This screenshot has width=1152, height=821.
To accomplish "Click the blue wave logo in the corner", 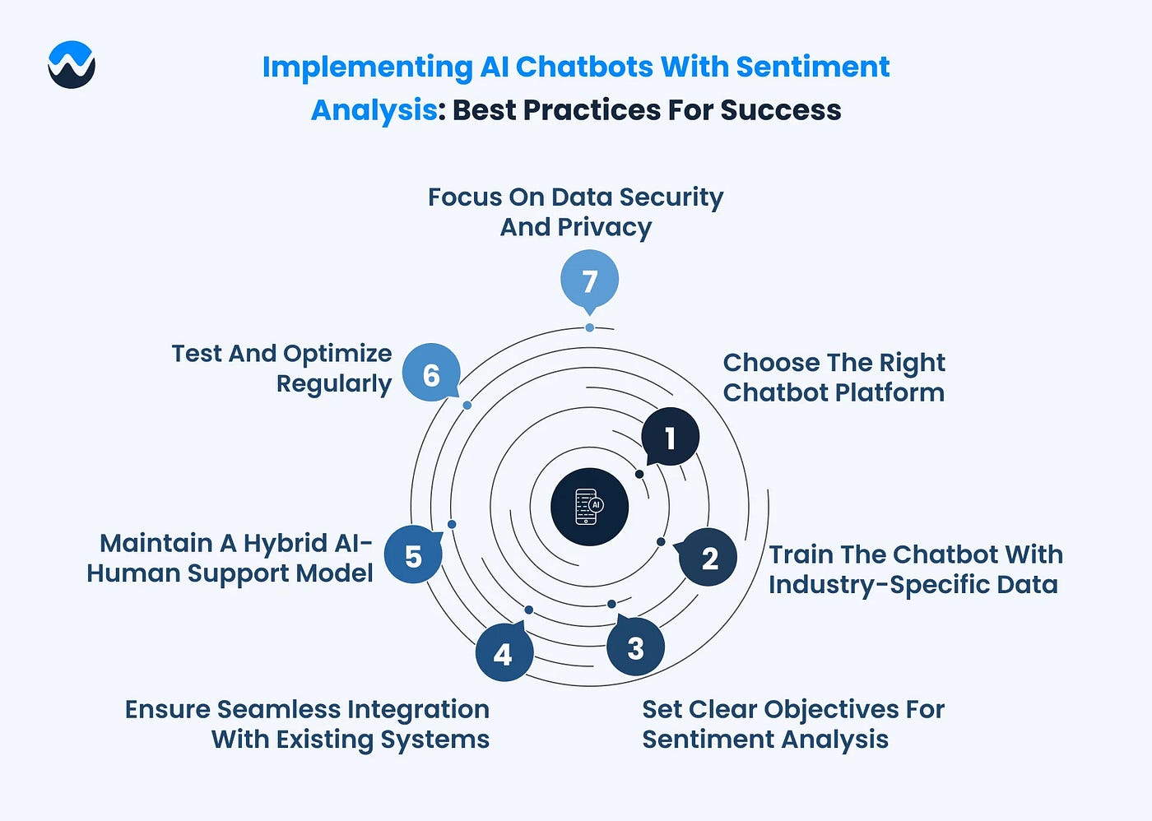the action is pyautogui.click(x=72, y=64).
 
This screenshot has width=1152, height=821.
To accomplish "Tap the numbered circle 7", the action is pyautogui.click(x=589, y=280).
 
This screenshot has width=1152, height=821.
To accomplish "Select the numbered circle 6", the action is pyautogui.click(x=431, y=374).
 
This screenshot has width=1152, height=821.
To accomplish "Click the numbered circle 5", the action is pyautogui.click(x=413, y=555).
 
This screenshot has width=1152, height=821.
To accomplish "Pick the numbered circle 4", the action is pyautogui.click(x=504, y=653).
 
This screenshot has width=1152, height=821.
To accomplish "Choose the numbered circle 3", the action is pyautogui.click(x=635, y=647).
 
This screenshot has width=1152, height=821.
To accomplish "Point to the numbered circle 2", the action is pyautogui.click(x=709, y=558).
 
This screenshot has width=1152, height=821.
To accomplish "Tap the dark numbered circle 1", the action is pyautogui.click(x=671, y=437).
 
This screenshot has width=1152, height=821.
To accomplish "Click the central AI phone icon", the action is pyautogui.click(x=589, y=507).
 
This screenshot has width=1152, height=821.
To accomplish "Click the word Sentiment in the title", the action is pyautogui.click(x=812, y=67).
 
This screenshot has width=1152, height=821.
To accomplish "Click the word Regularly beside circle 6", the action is pyautogui.click(x=334, y=384).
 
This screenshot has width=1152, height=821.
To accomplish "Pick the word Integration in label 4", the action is pyautogui.click(x=418, y=709).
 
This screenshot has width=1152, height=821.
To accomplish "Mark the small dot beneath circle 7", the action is pyautogui.click(x=590, y=327).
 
